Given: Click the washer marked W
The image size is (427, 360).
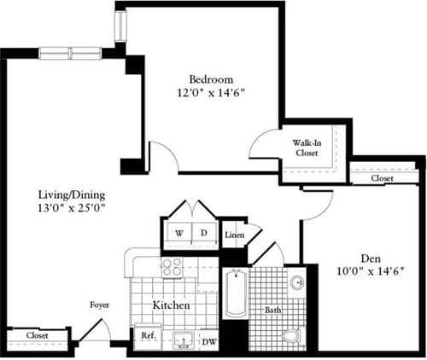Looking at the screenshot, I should (x=179, y=232).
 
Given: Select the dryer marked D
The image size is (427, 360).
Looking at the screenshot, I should (x=204, y=232).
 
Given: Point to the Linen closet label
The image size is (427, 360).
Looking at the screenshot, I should (x=233, y=235).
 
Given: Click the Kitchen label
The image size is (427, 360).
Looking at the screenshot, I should (x=171, y=305).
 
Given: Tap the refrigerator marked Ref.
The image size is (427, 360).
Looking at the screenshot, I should (x=146, y=335).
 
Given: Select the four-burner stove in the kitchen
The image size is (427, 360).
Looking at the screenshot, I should (x=172, y=266).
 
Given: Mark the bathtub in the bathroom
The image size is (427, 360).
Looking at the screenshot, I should (x=233, y=303).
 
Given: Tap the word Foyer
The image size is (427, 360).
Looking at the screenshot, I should (x=99, y=305).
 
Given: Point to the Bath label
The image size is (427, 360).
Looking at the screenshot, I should (x=272, y=311).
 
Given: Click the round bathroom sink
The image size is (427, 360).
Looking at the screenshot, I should (x=296, y=283).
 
